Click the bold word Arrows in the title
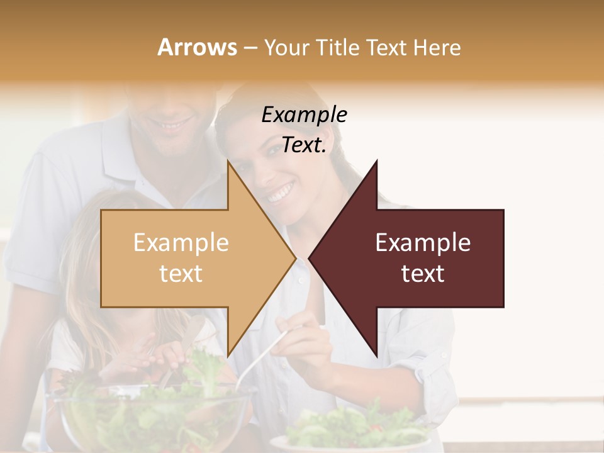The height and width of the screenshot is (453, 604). coord(197,47)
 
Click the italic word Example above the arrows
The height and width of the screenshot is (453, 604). coord(304,115)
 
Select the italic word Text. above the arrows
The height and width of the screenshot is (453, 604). coord(304,145)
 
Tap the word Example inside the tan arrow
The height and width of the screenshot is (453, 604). coord(181,243)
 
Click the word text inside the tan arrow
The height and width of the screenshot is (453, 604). coord(181,274)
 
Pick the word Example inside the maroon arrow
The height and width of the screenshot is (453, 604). coord(423,243)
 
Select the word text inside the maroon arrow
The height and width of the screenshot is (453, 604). coord(423,274)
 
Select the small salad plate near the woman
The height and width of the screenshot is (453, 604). coord(352,434)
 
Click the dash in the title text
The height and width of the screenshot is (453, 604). coord(250,48)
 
